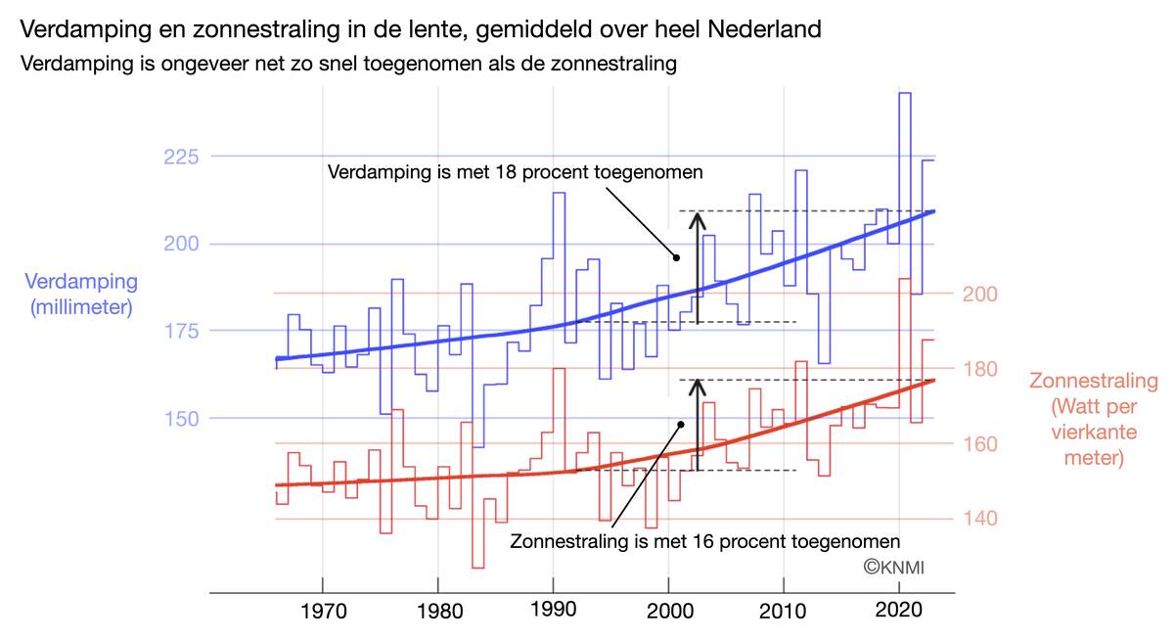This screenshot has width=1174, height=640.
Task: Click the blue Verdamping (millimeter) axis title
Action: [x=81, y=294]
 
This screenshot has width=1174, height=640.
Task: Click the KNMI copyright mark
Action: [x=893, y=568]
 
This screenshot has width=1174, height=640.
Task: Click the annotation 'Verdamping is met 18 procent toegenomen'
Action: [x=516, y=172]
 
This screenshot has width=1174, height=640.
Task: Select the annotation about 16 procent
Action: [x=704, y=540]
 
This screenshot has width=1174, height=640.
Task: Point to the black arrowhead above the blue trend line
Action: [x=698, y=220]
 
